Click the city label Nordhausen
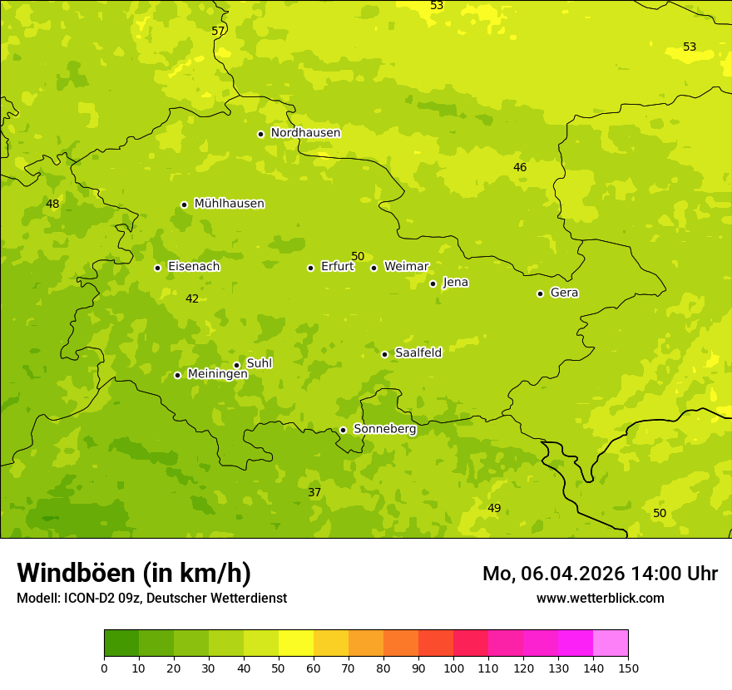305,133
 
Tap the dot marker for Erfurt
310,268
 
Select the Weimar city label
406,267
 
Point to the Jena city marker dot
433,283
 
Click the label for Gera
564,293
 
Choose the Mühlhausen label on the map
229,204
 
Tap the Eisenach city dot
157,268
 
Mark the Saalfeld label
418,353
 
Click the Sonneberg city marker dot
343,430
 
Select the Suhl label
259,363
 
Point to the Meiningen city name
217,374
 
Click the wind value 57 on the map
218,31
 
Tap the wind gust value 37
314,492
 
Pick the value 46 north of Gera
520,167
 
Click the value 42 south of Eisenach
192,298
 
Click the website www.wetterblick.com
600,598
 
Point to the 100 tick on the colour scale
453,668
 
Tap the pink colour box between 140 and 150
611,643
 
